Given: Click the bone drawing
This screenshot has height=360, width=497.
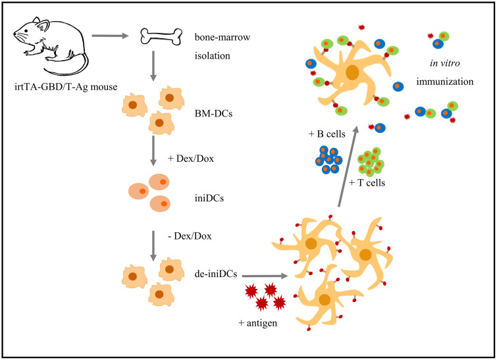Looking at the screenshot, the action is [x=161, y=36].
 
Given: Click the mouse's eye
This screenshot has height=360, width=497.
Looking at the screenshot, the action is [x=26, y=31].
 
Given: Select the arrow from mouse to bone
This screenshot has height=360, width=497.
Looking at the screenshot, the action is [x=110, y=36].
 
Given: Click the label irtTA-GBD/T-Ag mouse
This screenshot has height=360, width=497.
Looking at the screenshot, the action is [x=66, y=87].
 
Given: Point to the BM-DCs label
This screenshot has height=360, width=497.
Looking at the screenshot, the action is [x=213, y=113].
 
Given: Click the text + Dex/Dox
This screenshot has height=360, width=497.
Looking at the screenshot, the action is [x=191, y=159].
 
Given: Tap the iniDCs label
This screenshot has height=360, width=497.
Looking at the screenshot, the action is [x=209, y=198].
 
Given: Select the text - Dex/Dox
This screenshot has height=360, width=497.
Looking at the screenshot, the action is [x=190, y=236].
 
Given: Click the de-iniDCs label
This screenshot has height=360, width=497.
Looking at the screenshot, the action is [x=216, y=274].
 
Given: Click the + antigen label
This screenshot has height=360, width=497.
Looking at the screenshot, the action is [x=257, y=323].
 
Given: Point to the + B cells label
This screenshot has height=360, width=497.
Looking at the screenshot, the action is [x=327, y=134].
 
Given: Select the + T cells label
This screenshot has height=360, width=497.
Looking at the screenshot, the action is [x=367, y=183].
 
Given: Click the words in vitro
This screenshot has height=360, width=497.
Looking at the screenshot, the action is [x=445, y=63].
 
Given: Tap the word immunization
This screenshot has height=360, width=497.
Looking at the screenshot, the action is [x=445, y=82].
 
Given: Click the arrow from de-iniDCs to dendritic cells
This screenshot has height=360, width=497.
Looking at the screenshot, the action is [x=265, y=276].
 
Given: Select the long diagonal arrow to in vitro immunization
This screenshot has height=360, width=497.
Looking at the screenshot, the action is [x=348, y=167].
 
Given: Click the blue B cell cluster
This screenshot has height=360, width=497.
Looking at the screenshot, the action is [x=328, y=160].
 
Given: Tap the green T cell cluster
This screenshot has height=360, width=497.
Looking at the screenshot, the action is [x=371, y=162].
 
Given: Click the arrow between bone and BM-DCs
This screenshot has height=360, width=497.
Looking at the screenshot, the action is [x=153, y=66].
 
